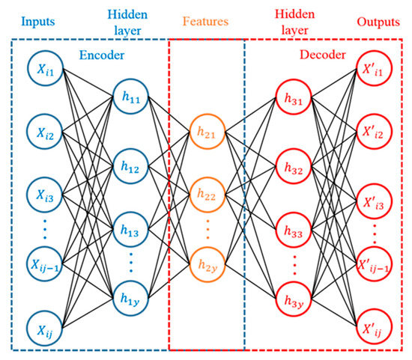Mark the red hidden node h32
(293, 170)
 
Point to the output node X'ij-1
(373, 262)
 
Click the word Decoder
(323, 55)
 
